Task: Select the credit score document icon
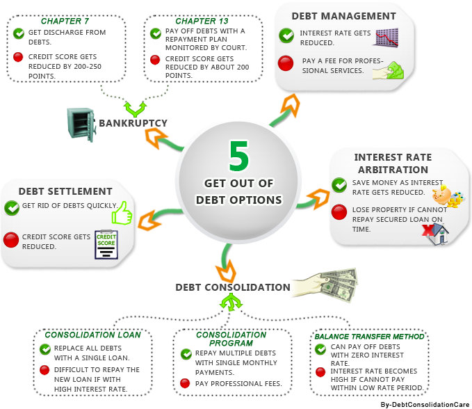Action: coord(106,243)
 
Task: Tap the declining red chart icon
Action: coord(385,38)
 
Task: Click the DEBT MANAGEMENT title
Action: coord(345,16)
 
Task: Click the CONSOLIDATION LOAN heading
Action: coord(92,335)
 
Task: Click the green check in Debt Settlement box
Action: coord(12,207)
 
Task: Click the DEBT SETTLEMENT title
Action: coord(65,191)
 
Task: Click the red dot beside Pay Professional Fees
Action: coord(186,383)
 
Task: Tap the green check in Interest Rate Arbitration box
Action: coord(339,184)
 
